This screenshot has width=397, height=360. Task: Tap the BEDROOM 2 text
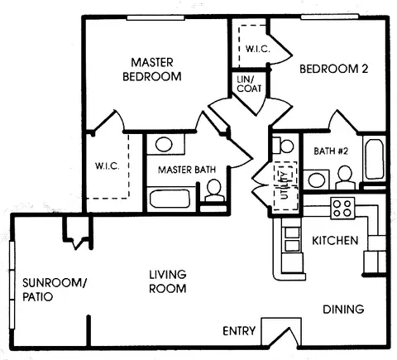[332, 69]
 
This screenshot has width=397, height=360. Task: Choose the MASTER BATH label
[187, 170]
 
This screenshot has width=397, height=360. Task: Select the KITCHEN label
[334, 241]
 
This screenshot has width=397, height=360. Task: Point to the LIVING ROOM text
[167, 281]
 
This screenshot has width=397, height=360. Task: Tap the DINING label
[343, 310]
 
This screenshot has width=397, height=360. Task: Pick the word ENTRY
[240, 332]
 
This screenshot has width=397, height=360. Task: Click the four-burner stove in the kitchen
[342, 209]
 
